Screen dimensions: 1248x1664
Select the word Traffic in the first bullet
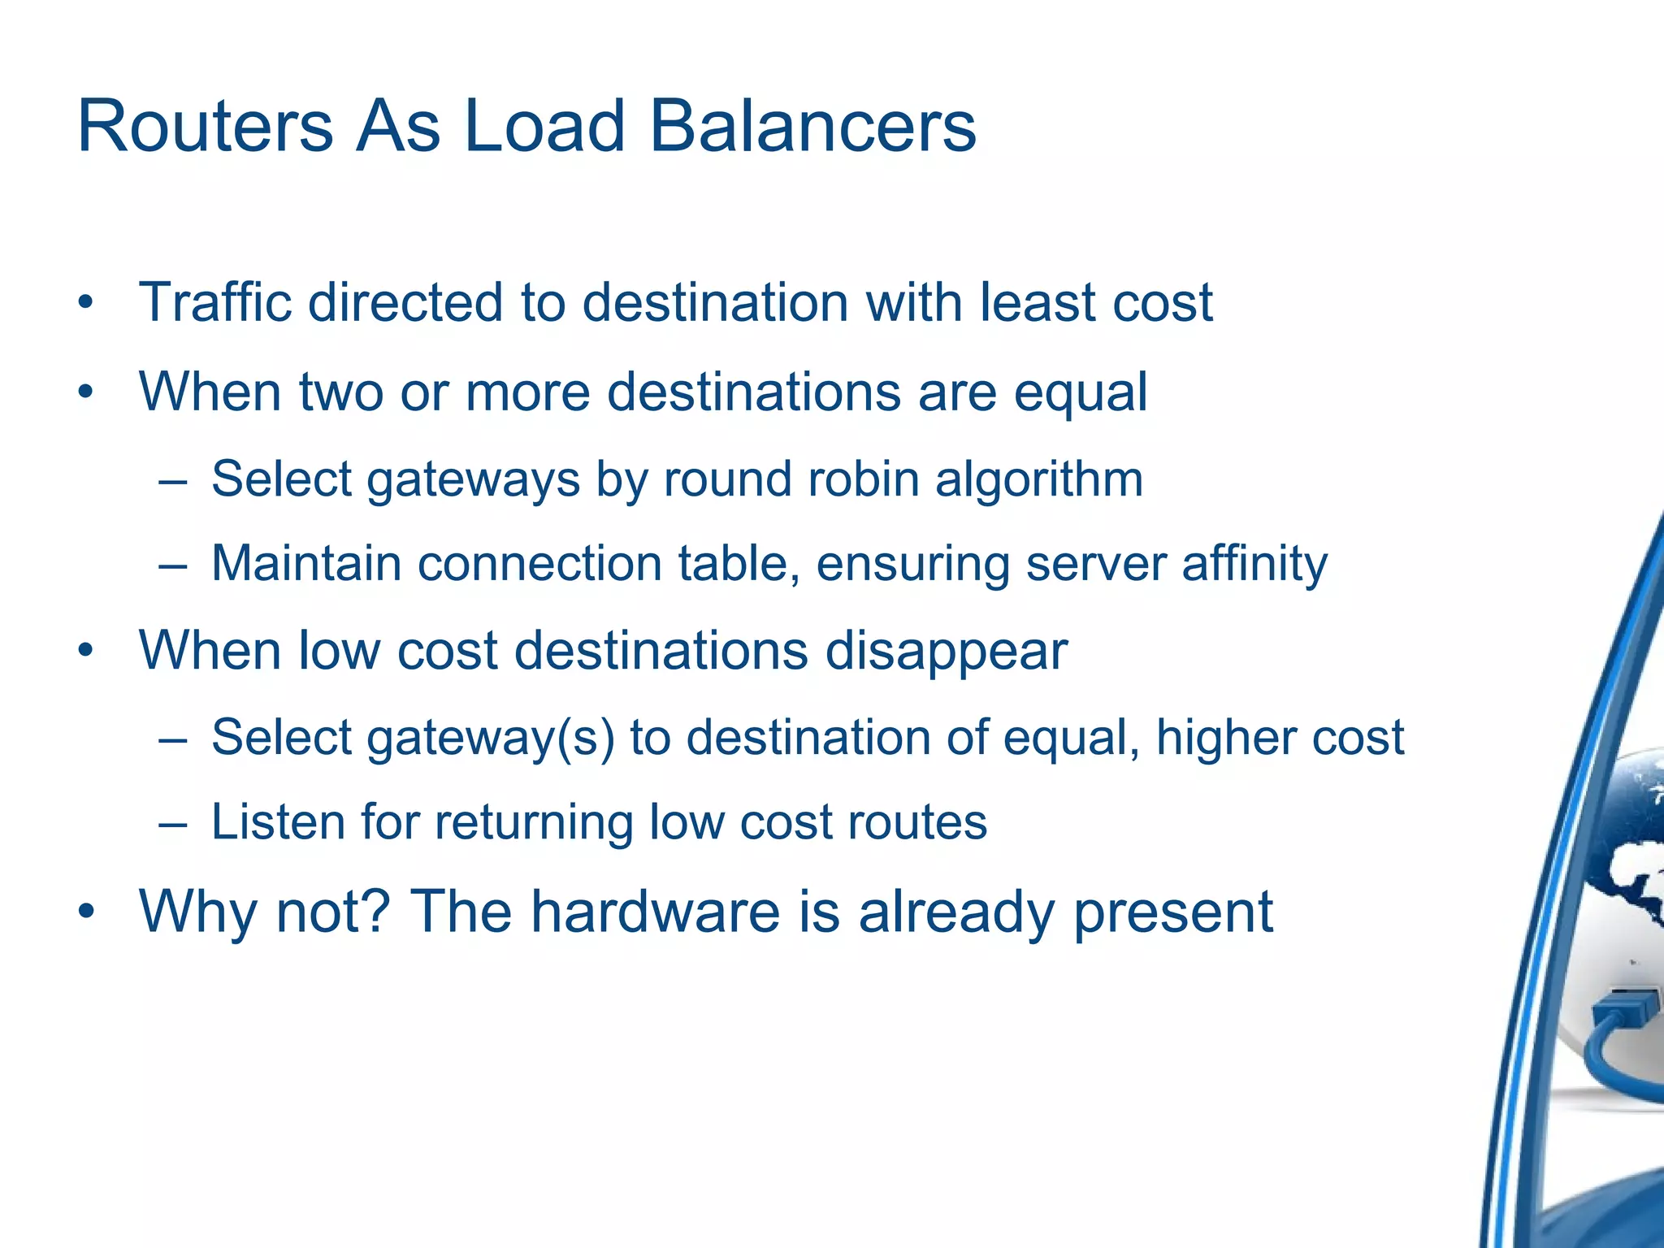pyautogui.click(x=215, y=302)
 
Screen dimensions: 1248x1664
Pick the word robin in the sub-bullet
pyautogui.click(x=863, y=479)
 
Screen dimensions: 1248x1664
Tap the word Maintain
pyautogui.click(x=306, y=563)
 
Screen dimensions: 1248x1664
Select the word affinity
pyautogui.click(x=1254, y=563)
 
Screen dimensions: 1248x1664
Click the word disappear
pyautogui.click(x=946, y=652)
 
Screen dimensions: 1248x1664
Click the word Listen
pyautogui.click(x=278, y=821)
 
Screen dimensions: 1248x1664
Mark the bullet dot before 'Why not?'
pyautogui.click(x=86, y=912)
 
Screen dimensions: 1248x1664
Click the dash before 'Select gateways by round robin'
pyautogui.click(x=173, y=480)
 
